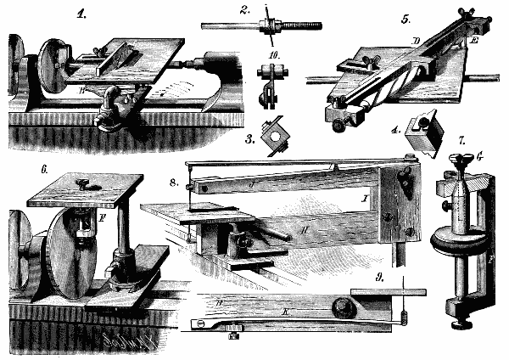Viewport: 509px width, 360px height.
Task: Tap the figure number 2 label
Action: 244,10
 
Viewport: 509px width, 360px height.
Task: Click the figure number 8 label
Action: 173,182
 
